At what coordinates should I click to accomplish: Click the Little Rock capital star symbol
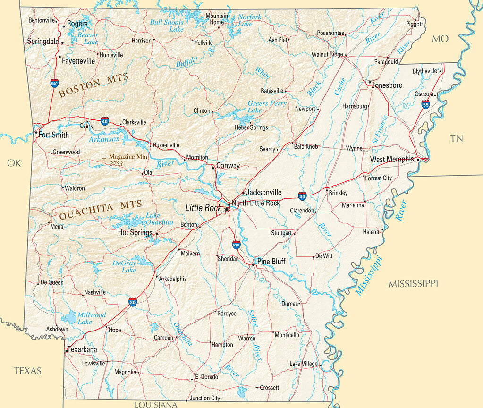[227, 209]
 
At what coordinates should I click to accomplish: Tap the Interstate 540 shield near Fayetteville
[55, 84]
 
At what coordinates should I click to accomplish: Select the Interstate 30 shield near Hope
[133, 302]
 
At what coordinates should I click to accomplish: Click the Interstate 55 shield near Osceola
[426, 104]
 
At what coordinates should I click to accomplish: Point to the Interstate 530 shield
[236, 245]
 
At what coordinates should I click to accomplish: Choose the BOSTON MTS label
[93, 85]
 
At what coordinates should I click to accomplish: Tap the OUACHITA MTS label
[100, 211]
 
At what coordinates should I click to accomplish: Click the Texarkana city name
[83, 350]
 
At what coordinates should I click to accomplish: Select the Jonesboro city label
[387, 85]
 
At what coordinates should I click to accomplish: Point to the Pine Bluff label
[271, 262]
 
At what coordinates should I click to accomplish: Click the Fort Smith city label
[53, 135]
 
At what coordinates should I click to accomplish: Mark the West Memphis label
[391, 160]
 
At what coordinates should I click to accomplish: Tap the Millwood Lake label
[92, 318]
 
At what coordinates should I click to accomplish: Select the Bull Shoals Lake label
[167, 25]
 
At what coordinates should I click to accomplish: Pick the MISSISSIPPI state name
[413, 283]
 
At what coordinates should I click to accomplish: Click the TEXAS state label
[27, 371]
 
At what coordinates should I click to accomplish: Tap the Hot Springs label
[135, 233]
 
